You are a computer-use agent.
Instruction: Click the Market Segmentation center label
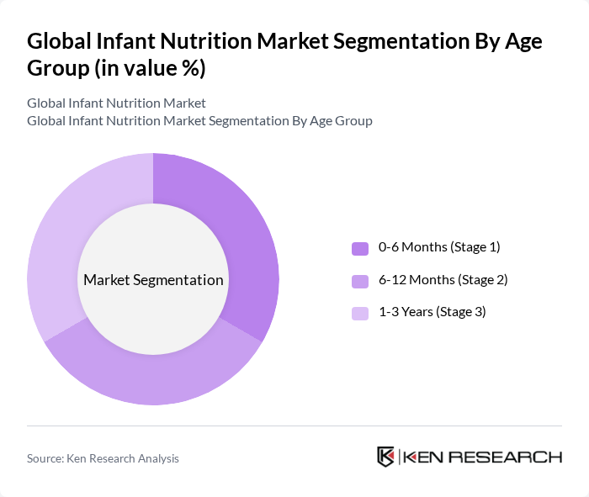pyautogui.click(x=153, y=280)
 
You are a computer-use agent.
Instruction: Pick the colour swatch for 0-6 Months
pyautogui.click(x=359, y=248)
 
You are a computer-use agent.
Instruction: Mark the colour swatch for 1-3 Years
pyautogui.click(x=359, y=313)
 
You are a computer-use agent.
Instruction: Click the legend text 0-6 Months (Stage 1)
pyautogui.click(x=439, y=247)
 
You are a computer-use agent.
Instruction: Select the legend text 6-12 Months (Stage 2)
pyautogui.click(x=443, y=279)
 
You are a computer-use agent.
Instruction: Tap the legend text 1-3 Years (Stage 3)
pyautogui.click(x=432, y=312)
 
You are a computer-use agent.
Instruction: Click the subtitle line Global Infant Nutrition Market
pyautogui.click(x=116, y=103)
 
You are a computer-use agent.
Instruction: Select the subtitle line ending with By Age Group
pyautogui.click(x=199, y=121)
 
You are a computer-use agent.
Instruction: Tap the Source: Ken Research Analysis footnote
pyautogui.click(x=103, y=458)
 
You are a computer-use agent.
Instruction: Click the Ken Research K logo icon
pyautogui.click(x=385, y=457)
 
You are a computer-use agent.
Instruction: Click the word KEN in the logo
pyautogui.click(x=424, y=457)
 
